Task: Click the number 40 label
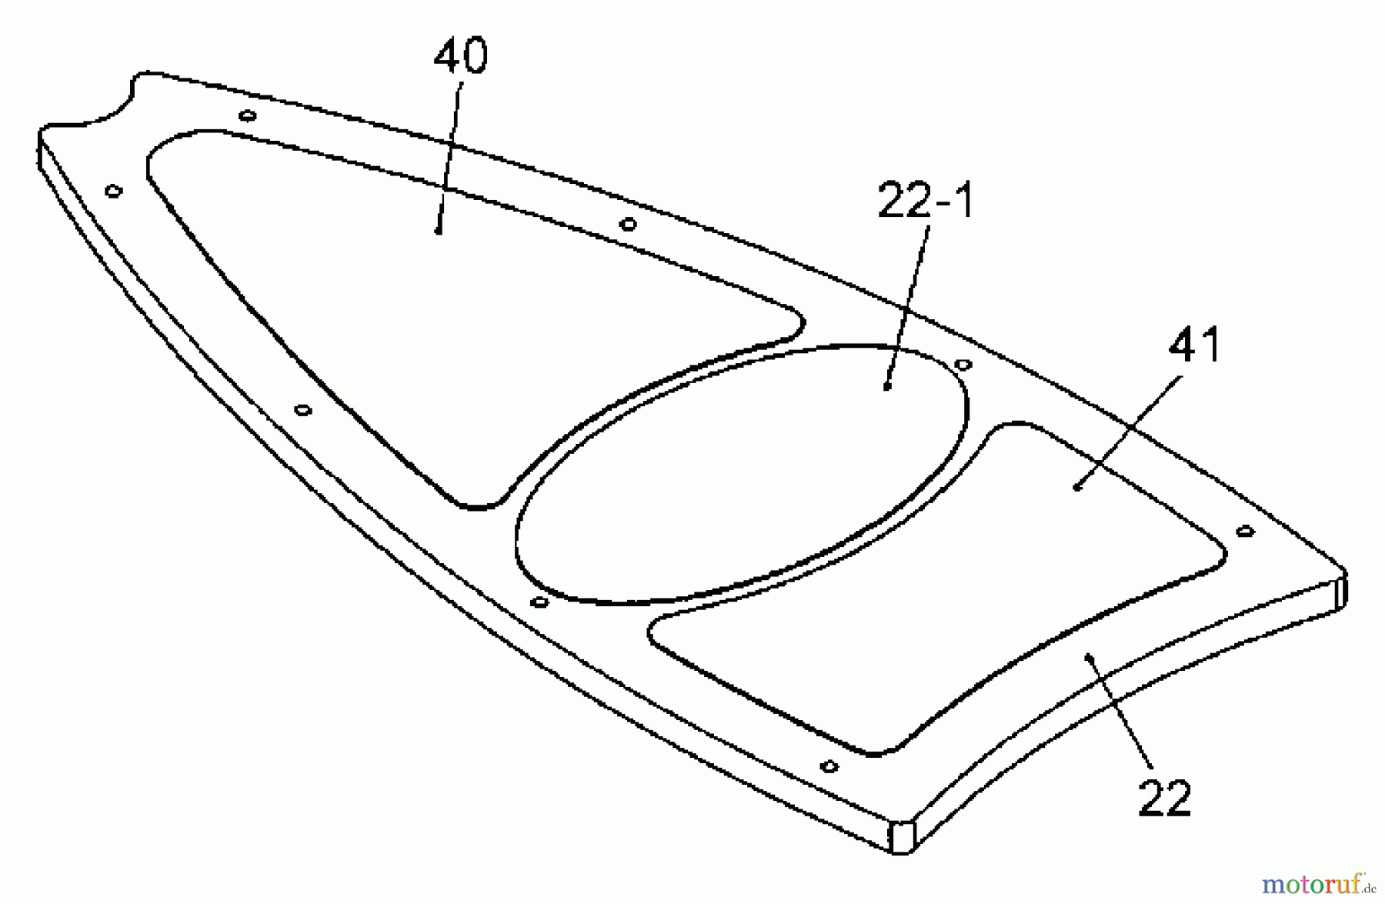point(460,56)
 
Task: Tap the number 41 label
point(1194,345)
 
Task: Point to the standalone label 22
point(1164,798)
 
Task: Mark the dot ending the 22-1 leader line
point(887,387)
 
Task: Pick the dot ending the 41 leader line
point(1077,487)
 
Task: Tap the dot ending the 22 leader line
point(1088,656)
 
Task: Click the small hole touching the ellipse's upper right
point(963,364)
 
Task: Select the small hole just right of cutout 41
point(1245,531)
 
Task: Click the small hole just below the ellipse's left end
point(540,602)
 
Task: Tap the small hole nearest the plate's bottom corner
point(829,766)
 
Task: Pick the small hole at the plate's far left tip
point(114,191)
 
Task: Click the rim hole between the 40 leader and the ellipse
point(628,225)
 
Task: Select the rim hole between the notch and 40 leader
point(247,116)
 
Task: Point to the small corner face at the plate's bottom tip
point(901,837)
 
